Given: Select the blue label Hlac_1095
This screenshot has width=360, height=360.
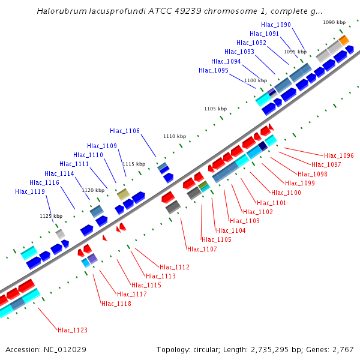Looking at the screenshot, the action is pos(214,70).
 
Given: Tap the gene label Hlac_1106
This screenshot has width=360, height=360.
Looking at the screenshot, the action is pos(125,131).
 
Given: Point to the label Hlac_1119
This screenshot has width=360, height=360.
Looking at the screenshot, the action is pos(30,191).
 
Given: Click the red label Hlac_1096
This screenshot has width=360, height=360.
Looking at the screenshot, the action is pos(339,155).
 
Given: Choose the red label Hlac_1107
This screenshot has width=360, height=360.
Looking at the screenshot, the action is pos(202,249).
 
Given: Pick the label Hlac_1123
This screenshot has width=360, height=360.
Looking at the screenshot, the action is pos(73,329).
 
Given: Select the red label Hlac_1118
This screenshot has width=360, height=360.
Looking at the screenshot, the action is pos(116,304).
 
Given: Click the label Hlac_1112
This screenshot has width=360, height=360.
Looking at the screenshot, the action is pos(175,267).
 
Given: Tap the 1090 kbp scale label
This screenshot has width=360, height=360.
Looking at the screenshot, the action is pos(334,22).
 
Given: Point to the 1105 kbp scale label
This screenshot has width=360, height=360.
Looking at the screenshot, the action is pos(215,109).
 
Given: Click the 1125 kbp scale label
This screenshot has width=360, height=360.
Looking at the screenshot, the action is pos(51,216).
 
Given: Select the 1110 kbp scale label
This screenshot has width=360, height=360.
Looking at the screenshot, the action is pos(175,136).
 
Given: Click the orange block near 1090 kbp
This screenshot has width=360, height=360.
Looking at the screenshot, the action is pos(343,40).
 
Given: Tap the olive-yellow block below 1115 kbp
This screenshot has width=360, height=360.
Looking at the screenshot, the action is pos(123,194).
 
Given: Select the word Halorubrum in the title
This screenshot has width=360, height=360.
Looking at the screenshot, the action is pos(62,11).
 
